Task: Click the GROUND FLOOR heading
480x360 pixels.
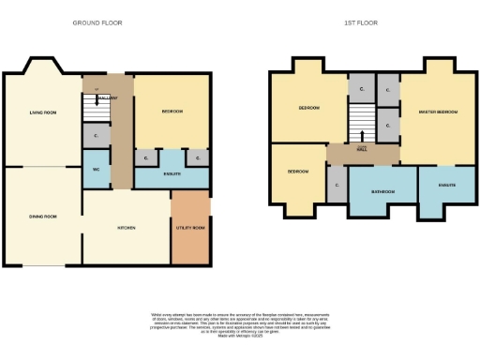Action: pyautogui.click(x=97, y=22)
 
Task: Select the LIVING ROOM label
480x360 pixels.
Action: pyautogui.click(x=43, y=112)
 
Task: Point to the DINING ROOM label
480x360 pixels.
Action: pyautogui.click(x=43, y=217)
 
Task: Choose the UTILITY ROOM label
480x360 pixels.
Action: pyautogui.click(x=190, y=228)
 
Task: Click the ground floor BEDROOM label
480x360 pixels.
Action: pyautogui.click(x=172, y=112)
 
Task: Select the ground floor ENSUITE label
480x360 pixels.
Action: pyautogui.click(x=172, y=174)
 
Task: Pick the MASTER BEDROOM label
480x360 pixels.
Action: pyautogui.click(x=439, y=112)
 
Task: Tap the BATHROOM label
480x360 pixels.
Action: pyautogui.click(x=382, y=191)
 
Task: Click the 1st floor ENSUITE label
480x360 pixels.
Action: pyautogui.click(x=446, y=185)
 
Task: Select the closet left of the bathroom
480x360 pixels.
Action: pyautogui.click(x=337, y=185)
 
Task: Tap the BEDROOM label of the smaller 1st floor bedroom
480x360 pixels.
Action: pyautogui.click(x=298, y=172)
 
